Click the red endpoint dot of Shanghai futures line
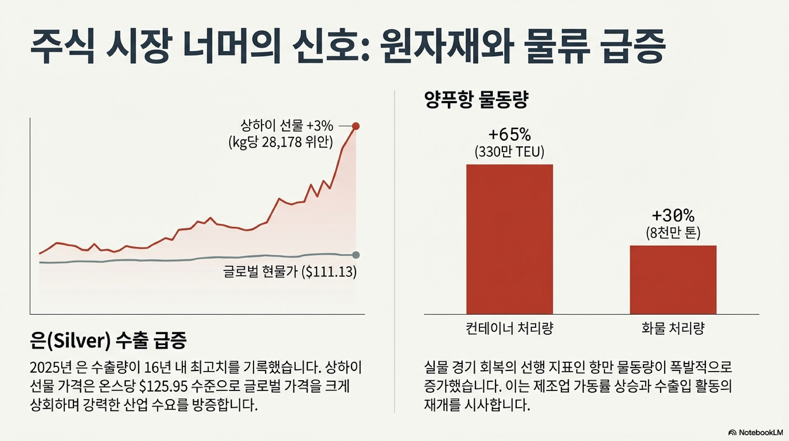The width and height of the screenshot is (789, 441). [x=356, y=126]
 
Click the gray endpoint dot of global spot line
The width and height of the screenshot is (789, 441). [x=356, y=255]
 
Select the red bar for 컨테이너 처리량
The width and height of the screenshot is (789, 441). [x=509, y=239]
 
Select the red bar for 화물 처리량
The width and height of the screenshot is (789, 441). [x=673, y=280]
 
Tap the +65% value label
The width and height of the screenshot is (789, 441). [x=510, y=135]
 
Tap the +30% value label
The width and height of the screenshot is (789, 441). [x=673, y=215]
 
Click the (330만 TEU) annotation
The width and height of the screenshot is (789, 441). [x=510, y=152]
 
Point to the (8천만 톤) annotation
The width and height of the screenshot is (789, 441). [x=673, y=233]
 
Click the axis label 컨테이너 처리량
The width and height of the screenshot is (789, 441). [x=510, y=328]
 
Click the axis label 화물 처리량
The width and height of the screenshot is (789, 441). [x=673, y=328]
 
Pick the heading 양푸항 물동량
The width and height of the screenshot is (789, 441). [x=476, y=100]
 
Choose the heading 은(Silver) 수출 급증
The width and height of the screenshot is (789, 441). [x=108, y=341]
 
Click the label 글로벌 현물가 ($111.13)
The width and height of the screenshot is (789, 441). [x=290, y=272]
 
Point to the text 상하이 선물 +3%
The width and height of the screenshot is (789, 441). [x=286, y=125]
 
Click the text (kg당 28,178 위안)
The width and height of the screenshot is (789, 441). [x=281, y=142]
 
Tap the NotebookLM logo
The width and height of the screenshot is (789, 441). [x=755, y=432]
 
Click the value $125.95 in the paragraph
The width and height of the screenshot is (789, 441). [x=164, y=386]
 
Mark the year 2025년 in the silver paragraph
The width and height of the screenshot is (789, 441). [x=51, y=367]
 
